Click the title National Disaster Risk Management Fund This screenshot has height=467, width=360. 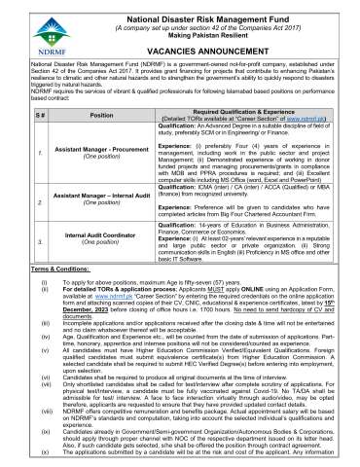pos(198,10)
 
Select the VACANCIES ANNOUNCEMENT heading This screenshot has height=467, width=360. pos(198,49)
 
